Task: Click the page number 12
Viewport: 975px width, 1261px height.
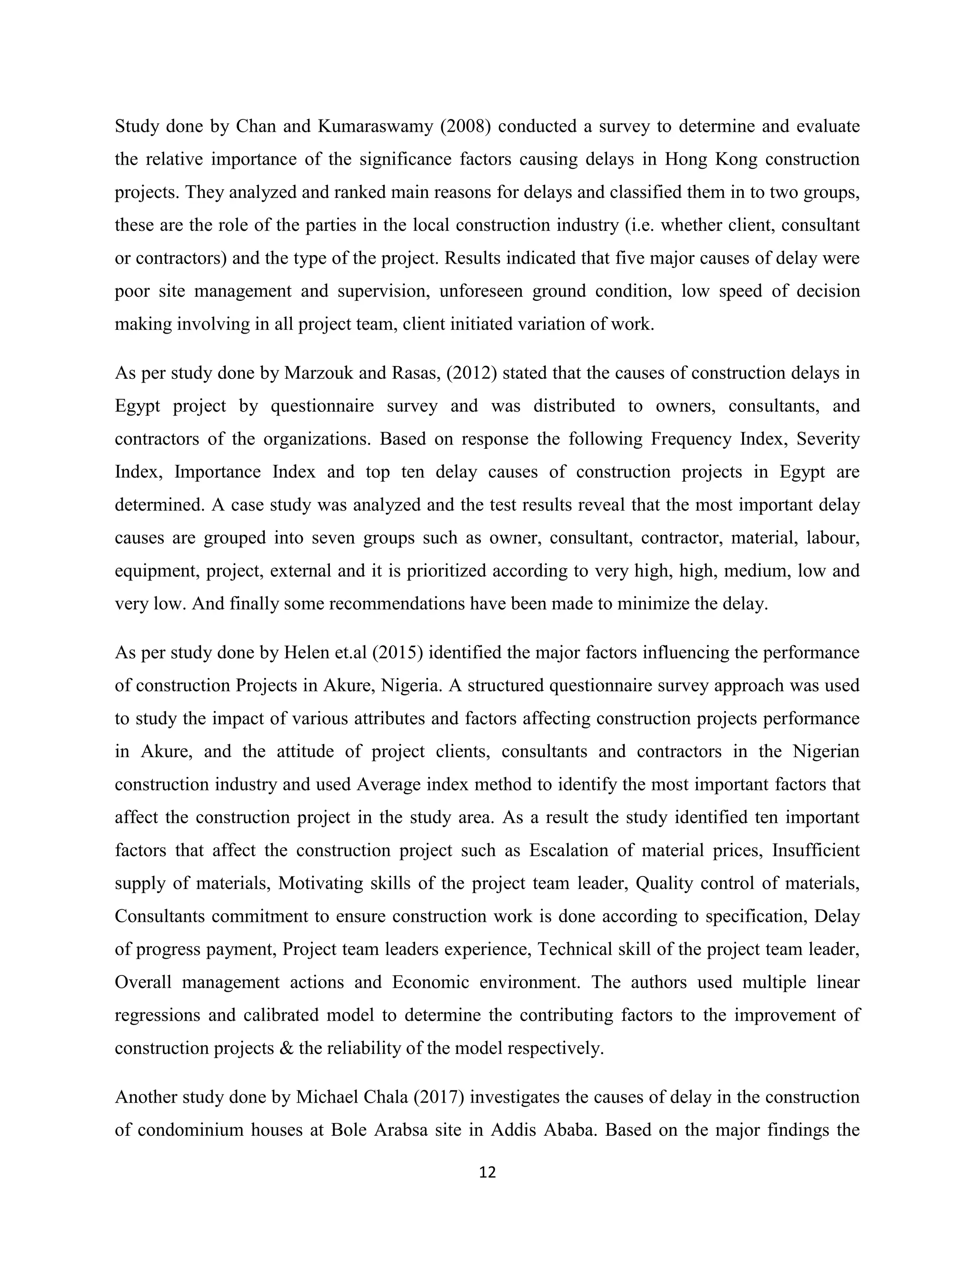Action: pyautogui.click(x=487, y=1172)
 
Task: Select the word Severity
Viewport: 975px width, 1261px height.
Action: pyautogui.click(x=828, y=439)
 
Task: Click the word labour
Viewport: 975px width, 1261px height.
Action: pyautogui.click(x=833, y=538)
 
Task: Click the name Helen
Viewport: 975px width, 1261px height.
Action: pyautogui.click(x=307, y=652)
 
